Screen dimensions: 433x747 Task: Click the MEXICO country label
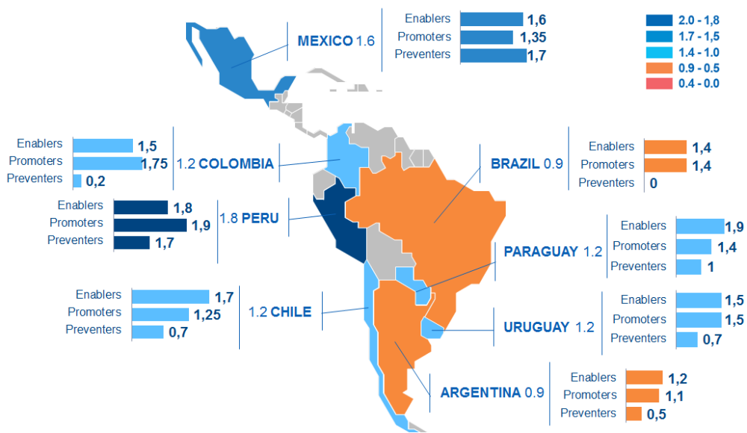[324, 40]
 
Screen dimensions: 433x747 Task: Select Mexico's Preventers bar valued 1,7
[493, 54]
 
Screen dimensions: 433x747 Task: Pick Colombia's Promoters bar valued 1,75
[106, 163]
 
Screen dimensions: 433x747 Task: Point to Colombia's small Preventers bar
[77, 180]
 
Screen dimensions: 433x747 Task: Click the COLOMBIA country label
[236, 163]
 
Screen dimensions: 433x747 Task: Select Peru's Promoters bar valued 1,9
[149, 225]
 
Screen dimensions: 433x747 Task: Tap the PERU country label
[260, 219]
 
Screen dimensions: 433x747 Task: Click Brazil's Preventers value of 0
[654, 183]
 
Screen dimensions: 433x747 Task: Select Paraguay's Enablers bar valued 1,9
[700, 226]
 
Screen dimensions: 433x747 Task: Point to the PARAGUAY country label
[541, 252]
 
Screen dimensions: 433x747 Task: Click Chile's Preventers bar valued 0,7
[148, 331]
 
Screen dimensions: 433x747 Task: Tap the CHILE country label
[291, 311]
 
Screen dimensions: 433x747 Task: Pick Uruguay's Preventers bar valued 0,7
[687, 340]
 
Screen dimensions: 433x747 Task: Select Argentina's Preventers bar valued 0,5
[634, 414]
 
